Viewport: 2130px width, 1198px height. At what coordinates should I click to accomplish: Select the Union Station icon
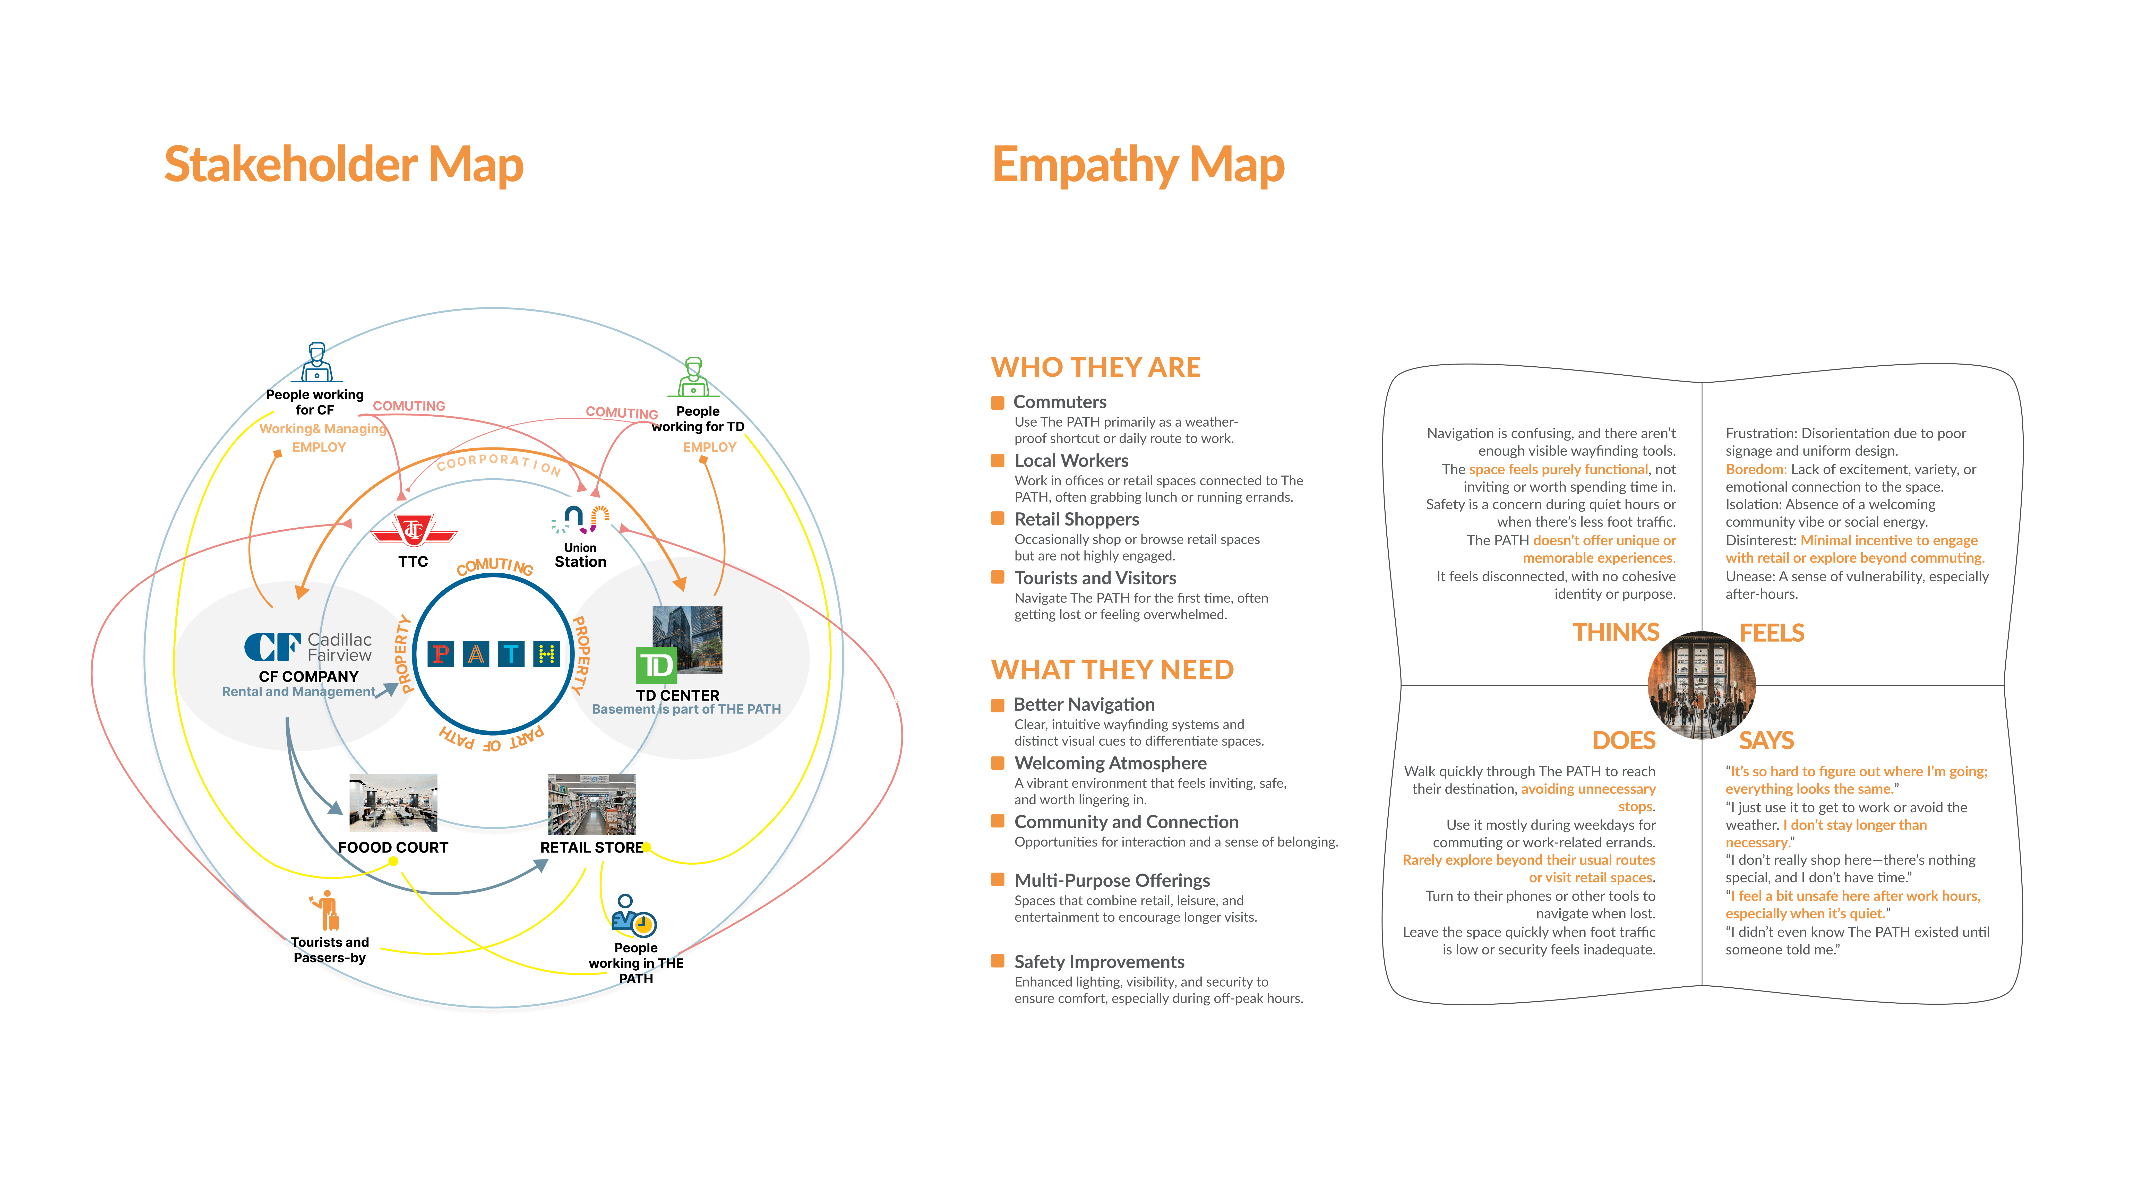pyautogui.click(x=581, y=519)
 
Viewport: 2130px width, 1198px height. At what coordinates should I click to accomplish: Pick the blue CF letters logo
pyautogui.click(x=271, y=647)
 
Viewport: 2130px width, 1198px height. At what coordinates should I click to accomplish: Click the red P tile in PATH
pyautogui.click(x=441, y=654)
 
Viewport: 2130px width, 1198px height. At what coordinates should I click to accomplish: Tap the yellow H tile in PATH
pyautogui.click(x=547, y=654)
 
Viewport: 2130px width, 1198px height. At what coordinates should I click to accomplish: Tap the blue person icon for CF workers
pyautogui.click(x=316, y=362)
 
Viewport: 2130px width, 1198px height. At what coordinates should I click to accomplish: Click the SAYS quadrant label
pyautogui.click(x=1766, y=740)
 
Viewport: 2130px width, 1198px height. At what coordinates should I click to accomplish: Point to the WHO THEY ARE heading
pyautogui.click(x=1096, y=367)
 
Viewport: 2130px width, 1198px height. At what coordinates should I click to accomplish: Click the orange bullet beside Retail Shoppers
pyautogui.click(x=998, y=518)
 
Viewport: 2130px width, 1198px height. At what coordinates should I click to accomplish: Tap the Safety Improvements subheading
pyautogui.click(x=1099, y=962)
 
